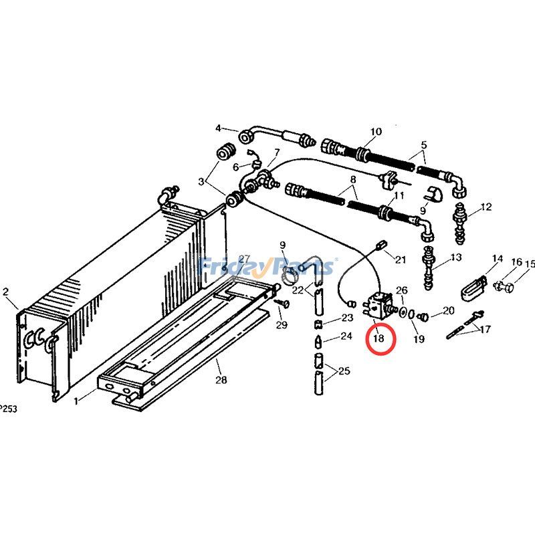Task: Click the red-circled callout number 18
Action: click(x=379, y=338)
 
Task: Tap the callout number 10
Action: click(x=375, y=132)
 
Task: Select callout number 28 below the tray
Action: click(x=221, y=380)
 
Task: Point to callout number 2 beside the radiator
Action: click(x=6, y=292)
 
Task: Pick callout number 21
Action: click(x=401, y=259)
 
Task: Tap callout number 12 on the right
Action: click(x=486, y=207)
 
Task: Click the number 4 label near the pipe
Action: click(x=217, y=128)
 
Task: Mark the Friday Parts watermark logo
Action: click(x=267, y=267)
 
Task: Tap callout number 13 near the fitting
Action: click(x=456, y=257)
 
